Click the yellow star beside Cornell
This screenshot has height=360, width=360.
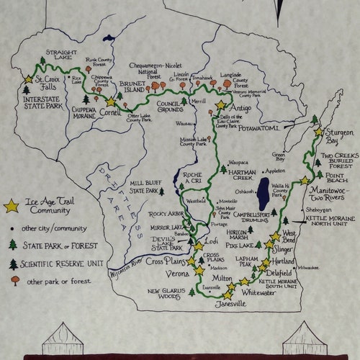110,103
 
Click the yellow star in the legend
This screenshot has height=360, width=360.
11,207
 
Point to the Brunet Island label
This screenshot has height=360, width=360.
133,87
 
